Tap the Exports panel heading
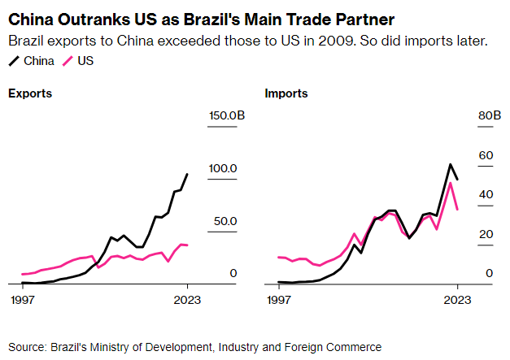[30, 93]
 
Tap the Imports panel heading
[286, 93]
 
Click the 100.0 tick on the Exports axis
[222, 168]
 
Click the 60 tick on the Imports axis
[486, 155]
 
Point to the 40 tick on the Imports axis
[486, 195]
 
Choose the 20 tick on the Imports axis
[486, 234]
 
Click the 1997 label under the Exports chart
[23, 299]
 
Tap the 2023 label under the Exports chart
[188, 299]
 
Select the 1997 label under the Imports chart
[279, 299]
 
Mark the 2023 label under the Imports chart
[458, 299]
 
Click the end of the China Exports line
[188, 174]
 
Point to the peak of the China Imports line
[450, 164]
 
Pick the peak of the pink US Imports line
[451, 183]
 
